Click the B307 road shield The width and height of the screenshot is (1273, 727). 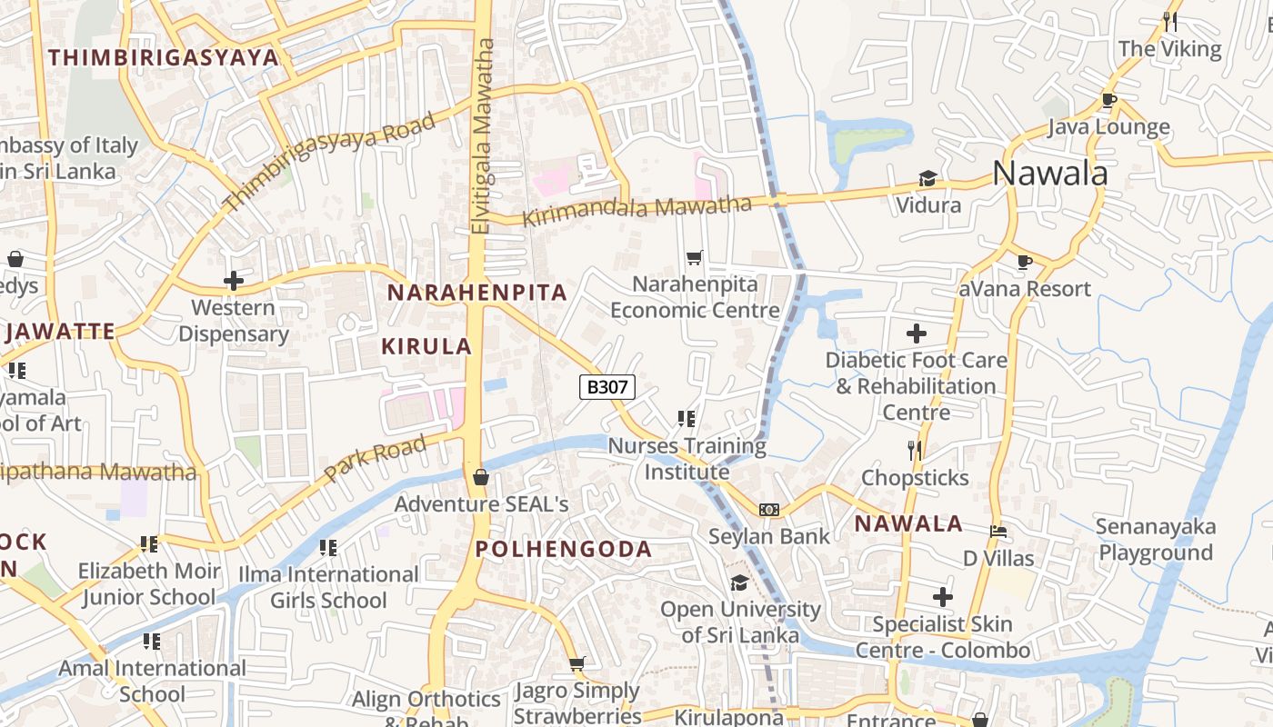pyautogui.click(x=606, y=387)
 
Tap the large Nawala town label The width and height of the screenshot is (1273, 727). pyautogui.click(x=1049, y=173)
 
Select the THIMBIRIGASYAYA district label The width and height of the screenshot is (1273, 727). pyautogui.click(x=164, y=57)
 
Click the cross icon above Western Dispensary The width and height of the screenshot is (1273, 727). pyautogui.click(x=234, y=281)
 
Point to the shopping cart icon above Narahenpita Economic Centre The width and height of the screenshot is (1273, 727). pyautogui.click(x=695, y=258)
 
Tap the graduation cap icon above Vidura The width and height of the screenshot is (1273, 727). pyautogui.click(x=927, y=178)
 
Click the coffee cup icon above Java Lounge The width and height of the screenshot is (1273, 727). pyautogui.click(x=1108, y=100)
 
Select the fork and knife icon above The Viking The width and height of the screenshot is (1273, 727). pyautogui.click(x=1170, y=22)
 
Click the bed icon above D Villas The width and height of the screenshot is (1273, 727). pyautogui.click(x=997, y=532)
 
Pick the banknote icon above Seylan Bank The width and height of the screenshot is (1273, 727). pyautogui.click(x=769, y=510)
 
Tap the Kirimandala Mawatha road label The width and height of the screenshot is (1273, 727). pyautogui.click(x=637, y=210)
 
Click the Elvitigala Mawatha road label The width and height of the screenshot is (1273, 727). pyautogui.click(x=483, y=136)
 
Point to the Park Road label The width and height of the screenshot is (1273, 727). pyautogui.click(x=375, y=459)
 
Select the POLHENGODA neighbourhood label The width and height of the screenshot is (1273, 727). pyautogui.click(x=564, y=549)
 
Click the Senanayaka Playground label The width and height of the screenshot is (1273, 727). pyautogui.click(x=1156, y=540)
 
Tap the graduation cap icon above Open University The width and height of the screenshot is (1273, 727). pyautogui.click(x=739, y=583)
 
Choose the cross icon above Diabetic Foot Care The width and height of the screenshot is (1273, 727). pyautogui.click(x=917, y=334)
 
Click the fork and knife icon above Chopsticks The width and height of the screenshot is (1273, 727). pyautogui.click(x=915, y=450)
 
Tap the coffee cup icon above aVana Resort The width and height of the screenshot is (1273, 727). pyautogui.click(x=1025, y=263)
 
